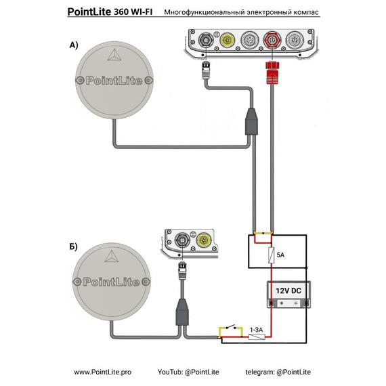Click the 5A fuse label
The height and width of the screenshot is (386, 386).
tap(280, 255)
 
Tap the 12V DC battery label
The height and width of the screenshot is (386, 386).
tap(288, 291)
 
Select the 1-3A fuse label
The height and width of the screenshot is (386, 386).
tap(256, 330)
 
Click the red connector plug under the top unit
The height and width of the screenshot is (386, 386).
tap(272, 73)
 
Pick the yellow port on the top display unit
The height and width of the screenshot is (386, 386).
tap(226, 40)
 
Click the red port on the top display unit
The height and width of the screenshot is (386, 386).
tap(272, 40)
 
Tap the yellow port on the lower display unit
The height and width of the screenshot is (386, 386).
tap(204, 240)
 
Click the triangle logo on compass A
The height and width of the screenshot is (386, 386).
tap(114, 55)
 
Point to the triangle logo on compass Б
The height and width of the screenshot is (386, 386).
tap(112, 256)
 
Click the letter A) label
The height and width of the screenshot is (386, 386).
tap(74, 45)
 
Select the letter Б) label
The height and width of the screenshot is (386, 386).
tap(73, 246)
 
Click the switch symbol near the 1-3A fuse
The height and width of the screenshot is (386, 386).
tap(231, 328)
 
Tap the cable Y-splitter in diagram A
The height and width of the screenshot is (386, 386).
tap(251, 122)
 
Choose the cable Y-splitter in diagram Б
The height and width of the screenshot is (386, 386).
tap(182, 312)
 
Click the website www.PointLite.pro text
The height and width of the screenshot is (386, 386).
tap(103, 372)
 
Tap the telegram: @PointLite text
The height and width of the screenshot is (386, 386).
tap(278, 372)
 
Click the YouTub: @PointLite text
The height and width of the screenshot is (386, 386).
tap(188, 372)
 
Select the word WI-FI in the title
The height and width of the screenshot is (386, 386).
tap(142, 12)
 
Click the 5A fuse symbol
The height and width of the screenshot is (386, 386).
tap(272, 255)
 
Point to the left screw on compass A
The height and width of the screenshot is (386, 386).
tap(79, 81)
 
